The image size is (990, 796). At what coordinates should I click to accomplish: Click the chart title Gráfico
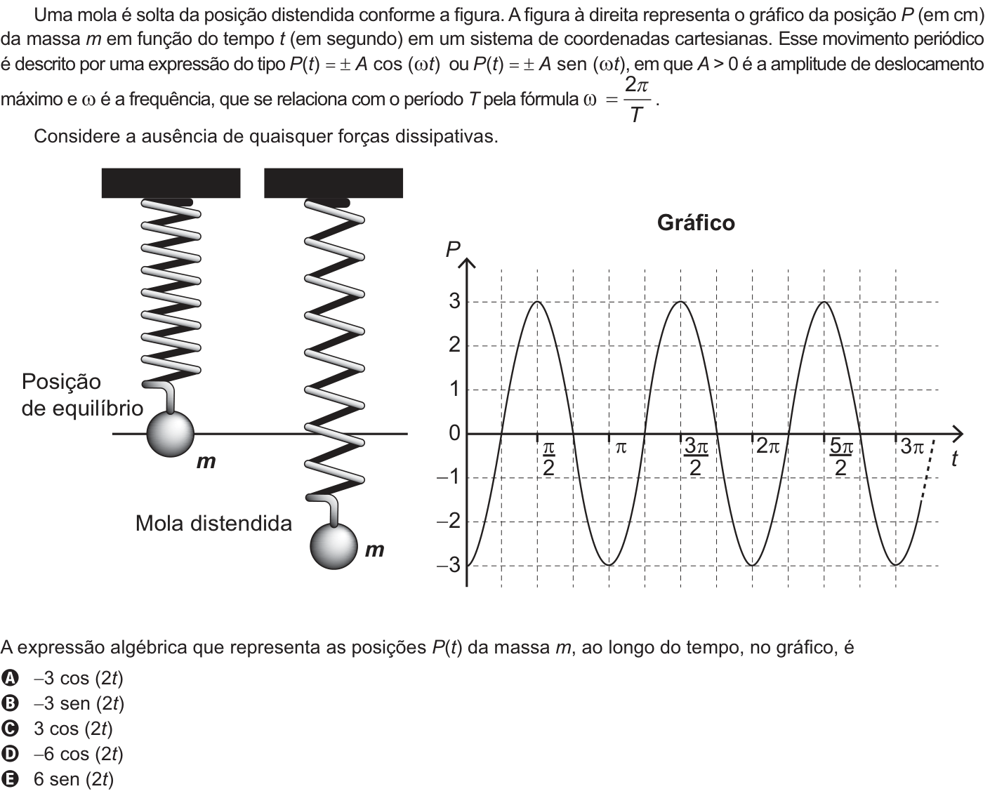click(696, 223)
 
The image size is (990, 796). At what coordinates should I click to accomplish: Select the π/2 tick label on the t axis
click(549, 458)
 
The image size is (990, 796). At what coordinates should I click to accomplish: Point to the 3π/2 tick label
click(695, 458)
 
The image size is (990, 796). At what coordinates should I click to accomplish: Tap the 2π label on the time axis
click(767, 446)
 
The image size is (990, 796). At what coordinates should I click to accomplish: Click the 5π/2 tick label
click(841, 458)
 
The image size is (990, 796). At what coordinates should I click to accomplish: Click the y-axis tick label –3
click(449, 565)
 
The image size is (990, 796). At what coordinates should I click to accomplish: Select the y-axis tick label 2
click(454, 345)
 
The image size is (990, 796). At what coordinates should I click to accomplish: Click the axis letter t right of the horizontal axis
click(955, 458)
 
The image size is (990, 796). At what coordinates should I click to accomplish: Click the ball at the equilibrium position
click(170, 434)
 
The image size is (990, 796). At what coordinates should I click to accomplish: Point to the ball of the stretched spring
click(334, 546)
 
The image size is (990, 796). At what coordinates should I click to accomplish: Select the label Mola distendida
click(213, 524)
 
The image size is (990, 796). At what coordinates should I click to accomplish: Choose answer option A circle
click(10, 678)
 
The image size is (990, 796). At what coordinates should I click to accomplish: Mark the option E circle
click(10, 779)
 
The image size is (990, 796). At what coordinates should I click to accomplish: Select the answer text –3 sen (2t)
click(79, 703)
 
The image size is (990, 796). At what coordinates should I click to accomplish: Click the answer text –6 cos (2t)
click(78, 754)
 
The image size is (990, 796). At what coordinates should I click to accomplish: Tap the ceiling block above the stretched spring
click(334, 183)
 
